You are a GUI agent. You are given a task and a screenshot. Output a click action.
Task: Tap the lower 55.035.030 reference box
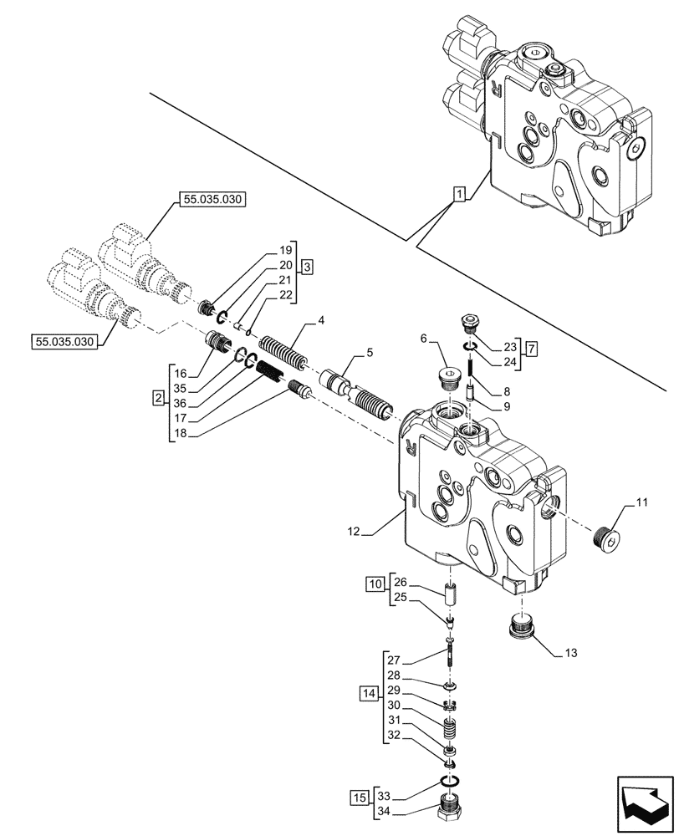coord(64,341)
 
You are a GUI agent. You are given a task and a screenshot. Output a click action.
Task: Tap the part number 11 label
coord(641,502)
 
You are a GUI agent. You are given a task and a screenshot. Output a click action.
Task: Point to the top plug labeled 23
coord(472,324)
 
